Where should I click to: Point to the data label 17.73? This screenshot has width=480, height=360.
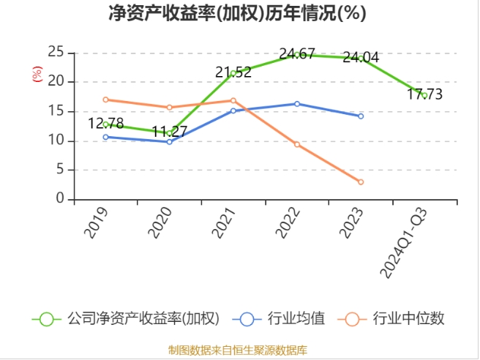click(424, 94)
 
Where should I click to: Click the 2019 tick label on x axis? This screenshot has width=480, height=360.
click(97, 222)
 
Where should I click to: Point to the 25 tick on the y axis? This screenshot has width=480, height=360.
click(56, 52)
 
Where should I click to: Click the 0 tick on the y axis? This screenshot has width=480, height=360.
click(61, 200)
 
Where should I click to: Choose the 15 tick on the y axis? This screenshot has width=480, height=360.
click(56, 111)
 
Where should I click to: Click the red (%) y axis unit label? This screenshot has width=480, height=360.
click(37, 74)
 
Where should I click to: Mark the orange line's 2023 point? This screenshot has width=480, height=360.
click(361, 181)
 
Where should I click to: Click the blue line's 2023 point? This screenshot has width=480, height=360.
click(361, 116)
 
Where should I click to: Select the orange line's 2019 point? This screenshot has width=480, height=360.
click(106, 100)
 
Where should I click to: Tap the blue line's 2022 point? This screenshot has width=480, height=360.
click(297, 103)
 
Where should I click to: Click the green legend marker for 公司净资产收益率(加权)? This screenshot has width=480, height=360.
click(47, 319)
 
